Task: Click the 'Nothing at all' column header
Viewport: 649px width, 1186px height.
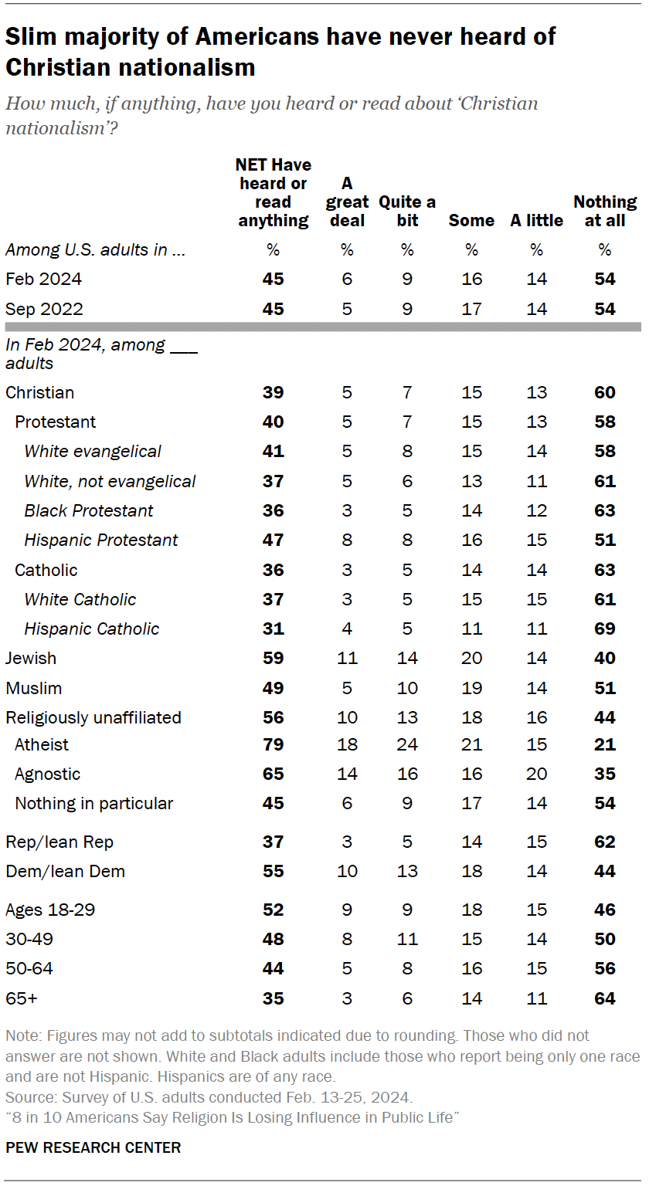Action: tap(604, 211)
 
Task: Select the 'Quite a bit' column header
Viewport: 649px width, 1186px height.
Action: tap(407, 211)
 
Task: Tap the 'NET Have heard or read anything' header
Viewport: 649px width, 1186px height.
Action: tap(273, 192)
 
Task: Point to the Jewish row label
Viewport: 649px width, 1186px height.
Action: tap(31, 659)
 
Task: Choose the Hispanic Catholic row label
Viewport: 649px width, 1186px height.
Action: tap(91, 629)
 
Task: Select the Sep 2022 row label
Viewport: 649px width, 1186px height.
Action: tap(44, 309)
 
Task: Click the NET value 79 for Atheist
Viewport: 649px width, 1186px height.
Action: tap(273, 745)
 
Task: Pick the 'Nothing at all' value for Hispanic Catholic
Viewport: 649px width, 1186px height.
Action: tap(604, 629)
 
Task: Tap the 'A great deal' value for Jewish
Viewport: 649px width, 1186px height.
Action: tap(347, 659)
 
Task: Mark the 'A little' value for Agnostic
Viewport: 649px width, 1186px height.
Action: tap(536, 774)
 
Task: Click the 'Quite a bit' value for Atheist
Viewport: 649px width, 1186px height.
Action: tap(407, 745)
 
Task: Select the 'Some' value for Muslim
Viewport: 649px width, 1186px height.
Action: tap(471, 688)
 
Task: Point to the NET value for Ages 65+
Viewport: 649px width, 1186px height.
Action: tap(273, 998)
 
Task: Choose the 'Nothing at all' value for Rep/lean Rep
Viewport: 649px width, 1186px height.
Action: tap(604, 842)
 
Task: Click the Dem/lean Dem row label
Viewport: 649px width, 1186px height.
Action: tap(65, 872)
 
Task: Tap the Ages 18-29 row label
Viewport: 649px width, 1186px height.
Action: tap(50, 910)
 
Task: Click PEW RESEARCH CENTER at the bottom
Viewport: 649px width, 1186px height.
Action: tap(93, 1147)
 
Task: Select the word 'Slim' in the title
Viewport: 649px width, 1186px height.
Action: tap(30, 37)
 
